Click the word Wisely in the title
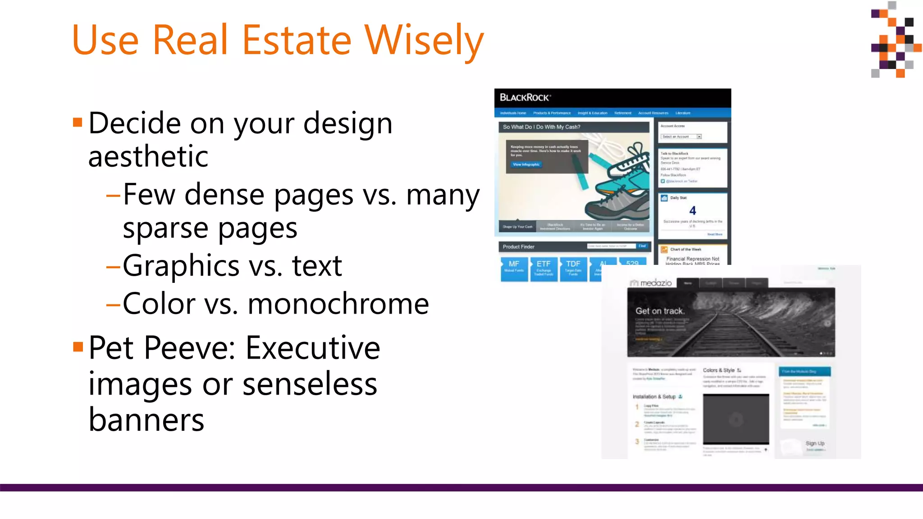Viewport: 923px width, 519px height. tap(424, 41)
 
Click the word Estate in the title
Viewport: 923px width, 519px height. tap(297, 41)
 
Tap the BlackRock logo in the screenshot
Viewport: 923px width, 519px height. tap(525, 97)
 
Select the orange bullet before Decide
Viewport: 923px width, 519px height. tap(78, 122)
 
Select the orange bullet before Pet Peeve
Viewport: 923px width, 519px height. tap(78, 346)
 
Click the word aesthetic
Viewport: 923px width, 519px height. tap(148, 157)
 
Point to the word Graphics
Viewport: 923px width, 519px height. tap(181, 266)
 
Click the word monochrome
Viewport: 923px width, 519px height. tap(338, 304)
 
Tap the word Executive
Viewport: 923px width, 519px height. tap(313, 348)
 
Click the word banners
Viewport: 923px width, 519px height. tap(146, 420)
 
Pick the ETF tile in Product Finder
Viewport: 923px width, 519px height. tap(544, 268)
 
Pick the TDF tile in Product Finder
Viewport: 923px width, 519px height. tap(573, 268)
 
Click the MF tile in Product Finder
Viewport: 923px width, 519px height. tap(514, 268)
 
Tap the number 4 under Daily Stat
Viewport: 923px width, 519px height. tap(693, 210)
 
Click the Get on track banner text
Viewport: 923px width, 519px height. tap(660, 311)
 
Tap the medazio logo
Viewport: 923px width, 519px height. tap(651, 283)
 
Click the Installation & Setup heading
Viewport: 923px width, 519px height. tap(654, 397)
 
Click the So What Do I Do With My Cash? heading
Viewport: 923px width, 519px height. tap(541, 127)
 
